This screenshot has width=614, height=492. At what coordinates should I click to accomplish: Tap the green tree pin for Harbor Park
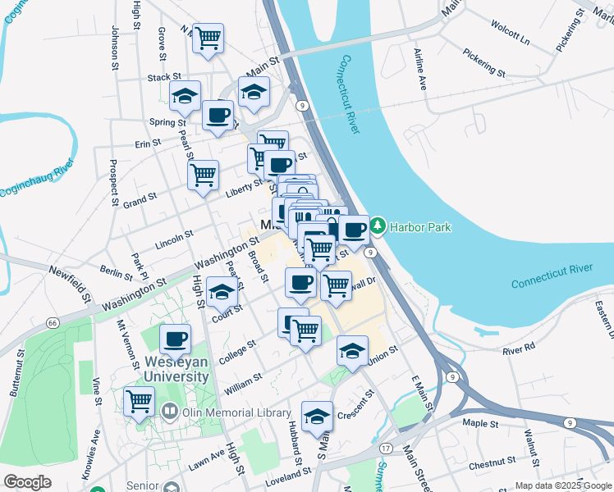pos(378,224)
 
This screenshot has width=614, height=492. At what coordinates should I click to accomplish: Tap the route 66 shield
pos(52,324)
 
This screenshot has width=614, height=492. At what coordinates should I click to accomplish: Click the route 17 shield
pos(385,448)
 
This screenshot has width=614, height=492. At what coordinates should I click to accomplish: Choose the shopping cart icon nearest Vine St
pos(139,401)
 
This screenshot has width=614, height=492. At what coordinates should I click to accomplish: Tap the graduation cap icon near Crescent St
pos(317,417)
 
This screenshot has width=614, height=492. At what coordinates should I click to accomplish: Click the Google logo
pos(27,482)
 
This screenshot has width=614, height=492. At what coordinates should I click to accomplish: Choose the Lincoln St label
pos(172,239)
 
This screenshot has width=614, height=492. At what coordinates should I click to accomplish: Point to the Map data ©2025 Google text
pos(563,485)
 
